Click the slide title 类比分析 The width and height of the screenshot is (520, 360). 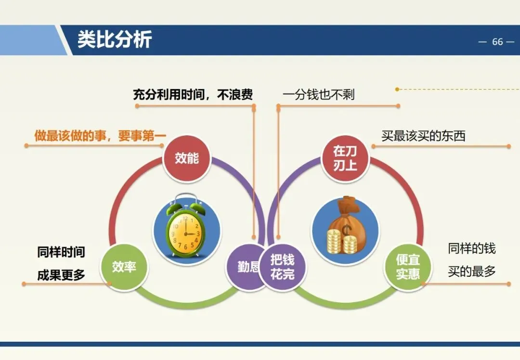pos(115,39)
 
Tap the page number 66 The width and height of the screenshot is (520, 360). pos(497,42)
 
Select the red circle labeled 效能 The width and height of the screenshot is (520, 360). pos(187,158)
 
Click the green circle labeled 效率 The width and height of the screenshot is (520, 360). pos(124,267)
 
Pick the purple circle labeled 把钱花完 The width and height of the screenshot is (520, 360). pos(282,267)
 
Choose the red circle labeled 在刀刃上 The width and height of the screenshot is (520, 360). pos(345,158)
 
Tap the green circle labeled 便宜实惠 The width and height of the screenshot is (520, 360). pos(408,267)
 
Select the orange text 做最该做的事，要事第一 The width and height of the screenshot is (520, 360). pos(100,136)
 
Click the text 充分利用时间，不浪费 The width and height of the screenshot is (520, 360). pos(193,94)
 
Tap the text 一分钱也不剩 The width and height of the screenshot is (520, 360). pos(318,94)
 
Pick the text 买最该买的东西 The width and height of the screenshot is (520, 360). pos(423,136)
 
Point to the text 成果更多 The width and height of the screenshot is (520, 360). pos(61,275)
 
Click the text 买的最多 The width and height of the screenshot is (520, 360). pos(471,271)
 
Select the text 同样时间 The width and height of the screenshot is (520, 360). pos(61,252)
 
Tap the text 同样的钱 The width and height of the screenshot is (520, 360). pos(471,248)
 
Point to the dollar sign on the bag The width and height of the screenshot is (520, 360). pos(347,230)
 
